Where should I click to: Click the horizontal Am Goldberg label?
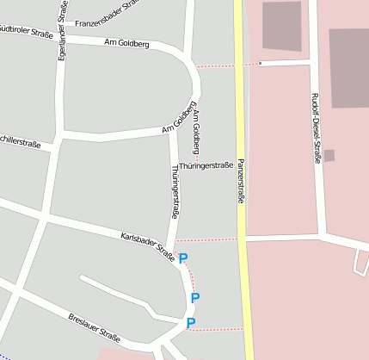point(126,42)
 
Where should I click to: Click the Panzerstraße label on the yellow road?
point(241,180)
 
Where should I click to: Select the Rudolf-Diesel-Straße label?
point(317,127)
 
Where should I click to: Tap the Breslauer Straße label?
point(94,327)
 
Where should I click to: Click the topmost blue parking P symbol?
point(183,257)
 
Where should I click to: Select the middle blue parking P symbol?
point(195,297)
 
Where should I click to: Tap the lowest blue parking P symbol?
point(191,322)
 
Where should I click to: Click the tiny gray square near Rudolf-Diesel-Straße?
point(329,156)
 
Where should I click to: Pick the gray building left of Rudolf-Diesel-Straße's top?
point(282,26)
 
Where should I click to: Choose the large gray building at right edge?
point(348,67)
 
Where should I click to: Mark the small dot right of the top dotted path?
point(260,63)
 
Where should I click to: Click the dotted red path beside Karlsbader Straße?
point(206,240)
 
